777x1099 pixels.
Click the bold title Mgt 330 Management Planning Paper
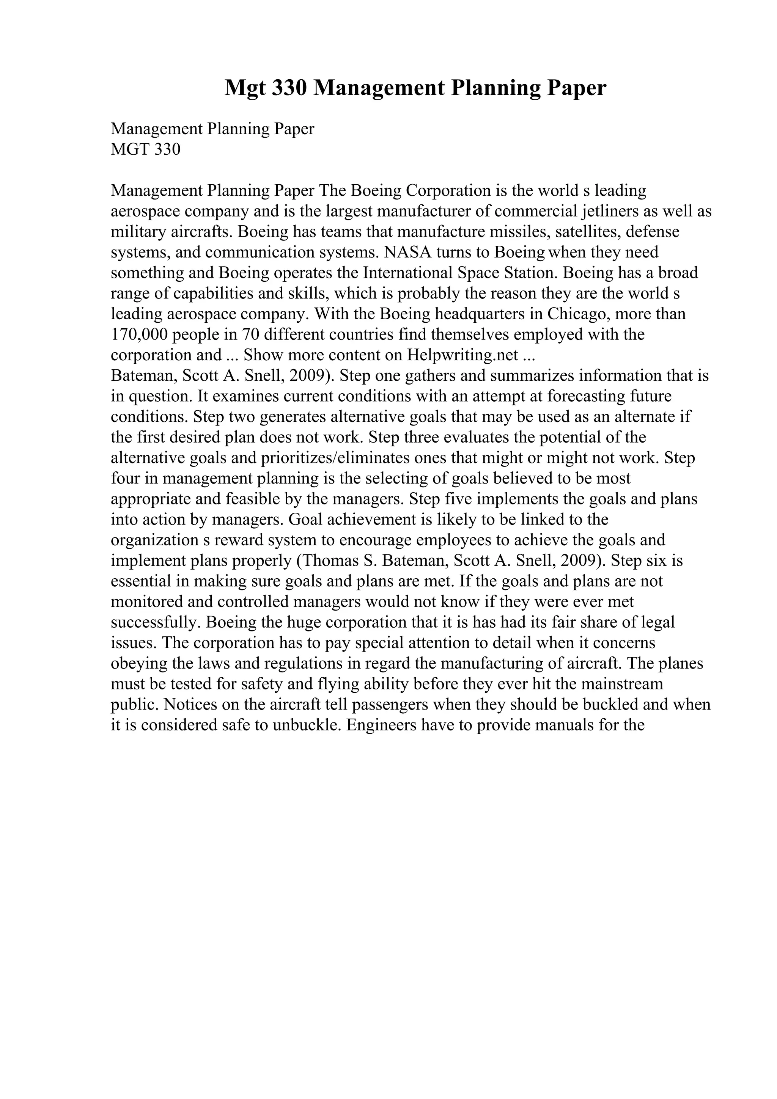point(415,88)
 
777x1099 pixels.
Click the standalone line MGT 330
point(146,150)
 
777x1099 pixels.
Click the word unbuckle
point(305,725)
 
